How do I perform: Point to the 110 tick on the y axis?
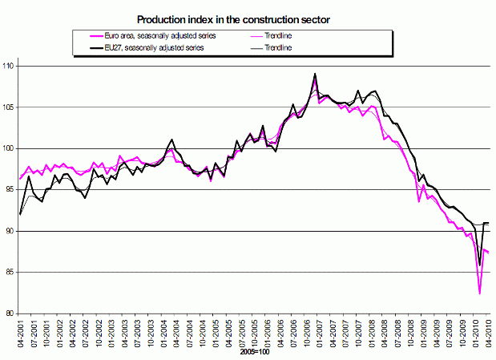point(10,66)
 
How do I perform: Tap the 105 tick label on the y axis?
point(10,107)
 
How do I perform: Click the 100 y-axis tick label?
point(10,148)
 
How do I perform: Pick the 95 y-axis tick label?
point(10,190)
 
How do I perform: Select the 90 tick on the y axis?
point(10,231)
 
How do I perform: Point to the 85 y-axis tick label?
point(10,273)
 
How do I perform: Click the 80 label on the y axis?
point(10,313)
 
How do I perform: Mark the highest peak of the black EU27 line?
point(315,74)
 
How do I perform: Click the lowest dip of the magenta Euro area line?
point(480,293)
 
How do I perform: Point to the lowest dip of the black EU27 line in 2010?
point(480,265)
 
